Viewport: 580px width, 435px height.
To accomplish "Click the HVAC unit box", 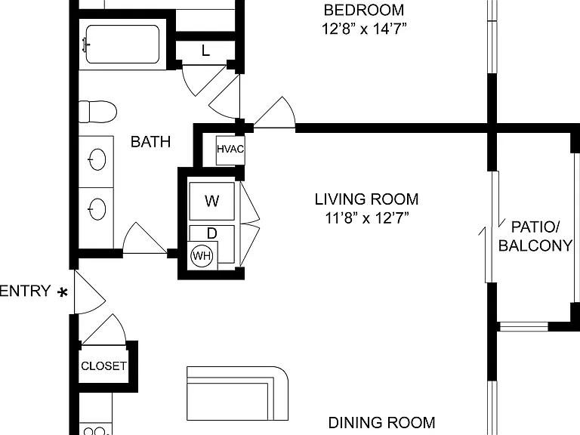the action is coord(230,150).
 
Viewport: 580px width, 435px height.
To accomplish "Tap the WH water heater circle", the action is coord(202,255).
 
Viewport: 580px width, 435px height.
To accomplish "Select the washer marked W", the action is coord(212,201).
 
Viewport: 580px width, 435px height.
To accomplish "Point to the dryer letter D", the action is coord(212,233).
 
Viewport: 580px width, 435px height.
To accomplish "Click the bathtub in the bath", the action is coord(122,45).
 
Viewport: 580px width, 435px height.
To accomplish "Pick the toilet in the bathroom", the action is coord(97,112).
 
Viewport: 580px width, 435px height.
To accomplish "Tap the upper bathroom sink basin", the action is coord(97,159).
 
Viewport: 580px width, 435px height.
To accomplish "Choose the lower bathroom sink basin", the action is coord(97,209).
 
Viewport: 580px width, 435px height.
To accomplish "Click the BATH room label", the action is coord(150,142).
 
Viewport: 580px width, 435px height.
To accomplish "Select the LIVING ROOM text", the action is coord(366,199).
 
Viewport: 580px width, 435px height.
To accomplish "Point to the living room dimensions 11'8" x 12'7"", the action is coord(366,218).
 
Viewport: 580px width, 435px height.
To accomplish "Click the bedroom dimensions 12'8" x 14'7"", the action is coord(364,29).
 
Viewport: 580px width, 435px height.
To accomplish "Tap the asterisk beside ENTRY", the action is coord(63,292).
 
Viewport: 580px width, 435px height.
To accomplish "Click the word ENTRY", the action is coord(25,291).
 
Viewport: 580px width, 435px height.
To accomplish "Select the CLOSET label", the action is coord(103,366).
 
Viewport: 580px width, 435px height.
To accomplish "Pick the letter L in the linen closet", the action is coord(205,51).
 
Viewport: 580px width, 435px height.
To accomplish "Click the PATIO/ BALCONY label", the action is coord(535,236).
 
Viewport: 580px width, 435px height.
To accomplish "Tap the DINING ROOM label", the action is coord(381,422).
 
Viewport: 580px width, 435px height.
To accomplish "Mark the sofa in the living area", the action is coord(237,393).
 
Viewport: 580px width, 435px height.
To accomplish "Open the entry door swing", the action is coord(90,292).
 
